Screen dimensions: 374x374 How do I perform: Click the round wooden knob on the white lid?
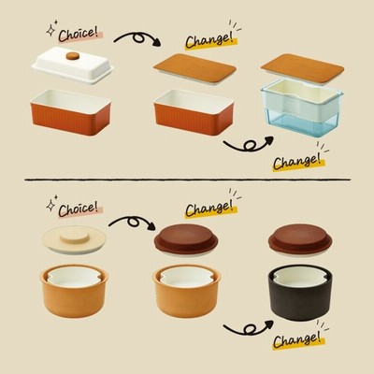[x=73, y=56]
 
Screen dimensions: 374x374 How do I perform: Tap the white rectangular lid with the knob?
[x=73, y=65]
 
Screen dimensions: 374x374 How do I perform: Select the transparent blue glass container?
[x=302, y=108]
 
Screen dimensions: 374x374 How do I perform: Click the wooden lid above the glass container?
[x=302, y=69]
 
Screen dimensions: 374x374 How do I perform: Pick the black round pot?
[x=300, y=293]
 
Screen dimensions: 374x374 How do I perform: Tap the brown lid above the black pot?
[x=300, y=239]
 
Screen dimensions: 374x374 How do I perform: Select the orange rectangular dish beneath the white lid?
[x=71, y=112]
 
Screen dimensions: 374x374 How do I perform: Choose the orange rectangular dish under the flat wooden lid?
[x=194, y=112]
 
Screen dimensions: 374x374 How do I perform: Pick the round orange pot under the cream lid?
[x=74, y=292]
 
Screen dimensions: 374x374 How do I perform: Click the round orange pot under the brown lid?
[x=187, y=292]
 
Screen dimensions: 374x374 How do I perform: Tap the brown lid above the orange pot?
[x=186, y=239]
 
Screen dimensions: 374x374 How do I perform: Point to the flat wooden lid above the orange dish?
[x=194, y=69]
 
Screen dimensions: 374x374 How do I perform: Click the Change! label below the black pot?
[x=298, y=338]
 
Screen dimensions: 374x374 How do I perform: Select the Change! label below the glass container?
[x=298, y=161]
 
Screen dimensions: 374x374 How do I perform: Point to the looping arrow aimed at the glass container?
[x=249, y=144]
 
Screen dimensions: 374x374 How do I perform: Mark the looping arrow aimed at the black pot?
[x=249, y=327]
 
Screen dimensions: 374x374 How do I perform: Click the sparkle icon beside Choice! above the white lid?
[x=51, y=29]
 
